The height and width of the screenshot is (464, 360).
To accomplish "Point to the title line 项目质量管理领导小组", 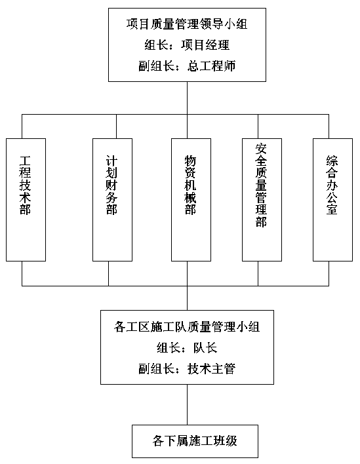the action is click(187, 24).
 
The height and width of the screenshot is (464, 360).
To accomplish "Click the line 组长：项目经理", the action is click(187, 45).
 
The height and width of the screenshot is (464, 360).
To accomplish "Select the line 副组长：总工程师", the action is click(187, 66).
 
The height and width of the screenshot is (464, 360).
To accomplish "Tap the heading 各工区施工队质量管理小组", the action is click(187, 327).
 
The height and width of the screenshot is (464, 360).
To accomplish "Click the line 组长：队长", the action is click(187, 348).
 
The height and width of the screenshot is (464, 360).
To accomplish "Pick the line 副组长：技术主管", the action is click(187, 369).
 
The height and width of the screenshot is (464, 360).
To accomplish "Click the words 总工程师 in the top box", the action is click(212, 66).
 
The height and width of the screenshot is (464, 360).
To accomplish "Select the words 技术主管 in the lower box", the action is click(212, 369).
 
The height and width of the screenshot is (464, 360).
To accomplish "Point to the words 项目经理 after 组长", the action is click(205, 45).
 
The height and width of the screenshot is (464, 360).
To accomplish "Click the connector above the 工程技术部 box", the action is click(22, 126).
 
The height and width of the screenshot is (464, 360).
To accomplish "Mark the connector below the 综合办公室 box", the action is click(329, 273).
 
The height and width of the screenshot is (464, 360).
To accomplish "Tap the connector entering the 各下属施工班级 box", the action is click(187, 404).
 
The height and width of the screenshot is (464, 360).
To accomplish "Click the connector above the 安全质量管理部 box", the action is click(258, 126).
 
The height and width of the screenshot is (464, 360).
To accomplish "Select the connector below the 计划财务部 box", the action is click(108, 273).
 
